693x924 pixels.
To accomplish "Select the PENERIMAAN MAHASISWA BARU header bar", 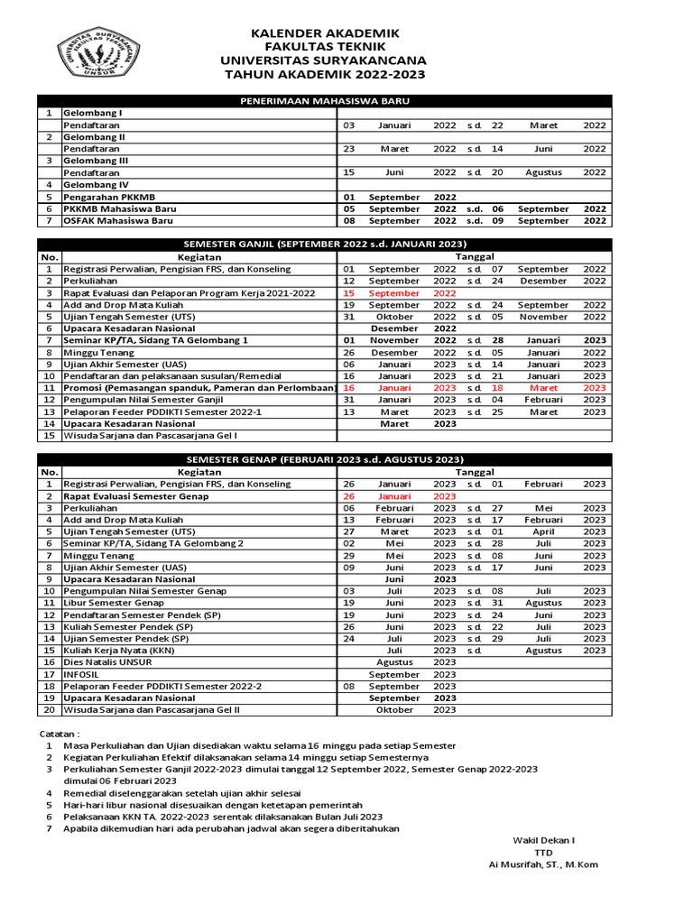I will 323,101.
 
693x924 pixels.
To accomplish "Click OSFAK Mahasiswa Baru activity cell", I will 119,220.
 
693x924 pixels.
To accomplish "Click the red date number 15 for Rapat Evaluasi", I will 349,293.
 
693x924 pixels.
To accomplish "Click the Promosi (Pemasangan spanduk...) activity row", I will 198,387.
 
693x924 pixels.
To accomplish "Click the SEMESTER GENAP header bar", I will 323,459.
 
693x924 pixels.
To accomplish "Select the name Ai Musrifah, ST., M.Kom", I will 542,864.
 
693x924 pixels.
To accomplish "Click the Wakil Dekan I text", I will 543,840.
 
